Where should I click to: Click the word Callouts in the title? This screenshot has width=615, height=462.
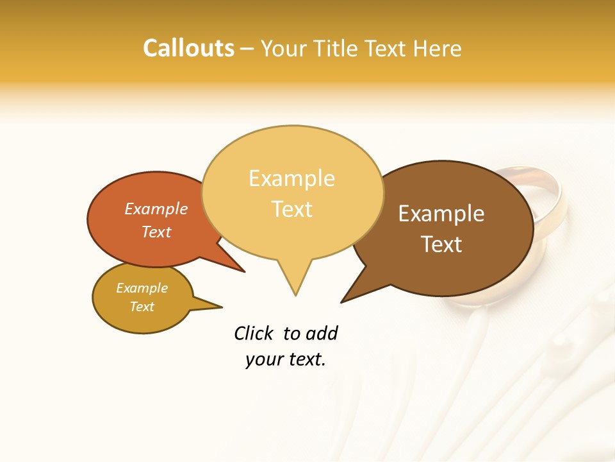pyautogui.click(x=189, y=48)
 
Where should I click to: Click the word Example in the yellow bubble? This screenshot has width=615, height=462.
pyautogui.click(x=291, y=178)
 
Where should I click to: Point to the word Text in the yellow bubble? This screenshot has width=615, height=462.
pyautogui.click(x=292, y=209)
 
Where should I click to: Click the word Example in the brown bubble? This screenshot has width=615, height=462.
pyautogui.click(x=441, y=214)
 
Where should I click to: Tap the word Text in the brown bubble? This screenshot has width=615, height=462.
pyautogui.click(x=441, y=244)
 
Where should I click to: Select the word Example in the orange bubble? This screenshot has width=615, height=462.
pyautogui.click(x=156, y=209)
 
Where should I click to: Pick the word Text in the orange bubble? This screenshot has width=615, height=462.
pyautogui.click(x=156, y=232)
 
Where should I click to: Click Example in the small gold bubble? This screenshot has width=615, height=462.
pyautogui.click(x=142, y=288)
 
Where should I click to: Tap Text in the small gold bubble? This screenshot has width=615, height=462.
pyautogui.click(x=142, y=307)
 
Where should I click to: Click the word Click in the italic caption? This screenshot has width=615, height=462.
pyautogui.click(x=254, y=334)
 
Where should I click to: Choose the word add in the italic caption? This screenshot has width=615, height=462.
pyautogui.click(x=322, y=334)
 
